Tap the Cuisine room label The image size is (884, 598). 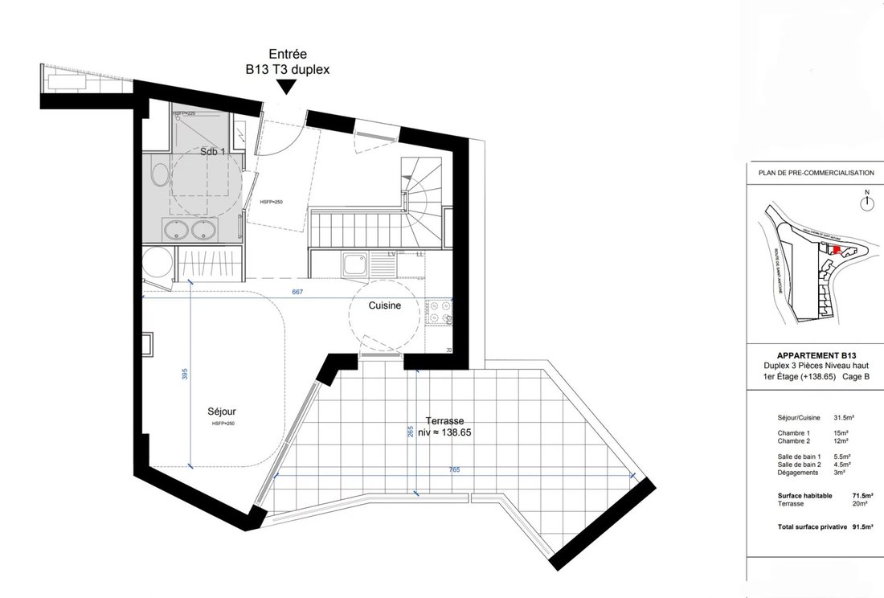pyautogui.click(x=384, y=306)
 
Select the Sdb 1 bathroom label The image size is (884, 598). pyautogui.click(x=213, y=152)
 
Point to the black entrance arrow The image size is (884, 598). pyautogui.click(x=287, y=88)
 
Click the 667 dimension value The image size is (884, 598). pyautogui.click(x=297, y=293)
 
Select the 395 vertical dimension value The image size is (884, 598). pyautogui.click(x=183, y=374)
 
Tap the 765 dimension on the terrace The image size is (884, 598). pyautogui.click(x=454, y=470)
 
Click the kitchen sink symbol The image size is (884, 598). pyautogui.click(x=354, y=264)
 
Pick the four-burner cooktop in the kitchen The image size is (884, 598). pyautogui.click(x=440, y=313)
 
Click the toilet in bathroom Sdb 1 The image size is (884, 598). pyautogui.click(x=159, y=175)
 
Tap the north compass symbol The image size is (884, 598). pyautogui.click(x=866, y=203)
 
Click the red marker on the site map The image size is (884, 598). pyautogui.click(x=837, y=250)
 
